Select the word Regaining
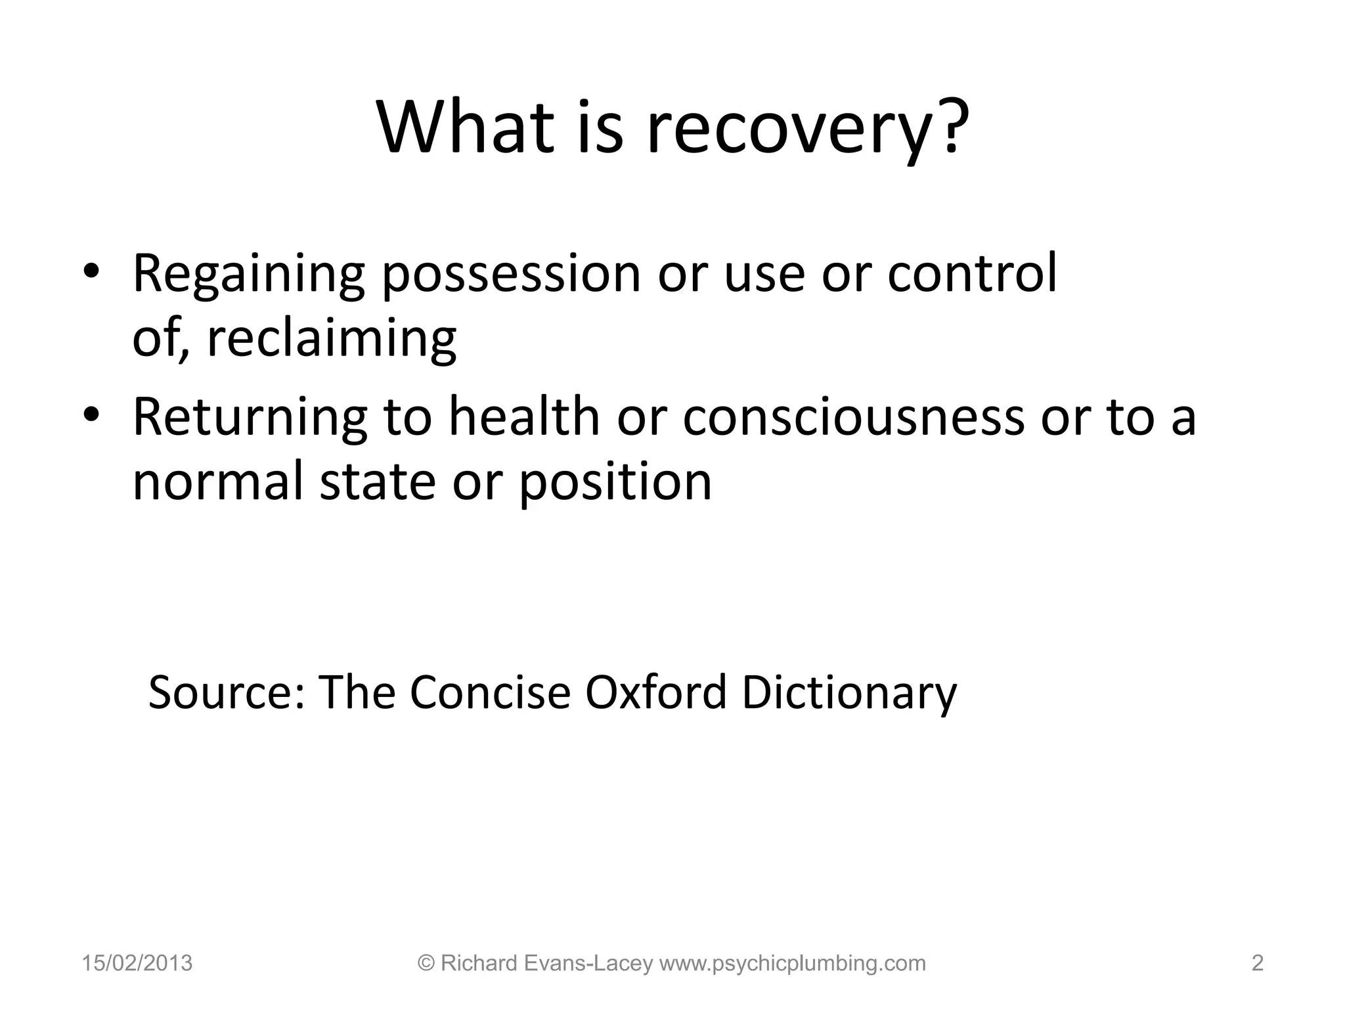248,275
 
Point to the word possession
511,275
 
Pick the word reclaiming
332,340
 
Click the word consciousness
853,418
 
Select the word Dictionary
849,694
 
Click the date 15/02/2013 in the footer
137,963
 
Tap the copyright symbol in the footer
426,963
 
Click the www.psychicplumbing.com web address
792,964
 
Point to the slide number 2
1257,963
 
